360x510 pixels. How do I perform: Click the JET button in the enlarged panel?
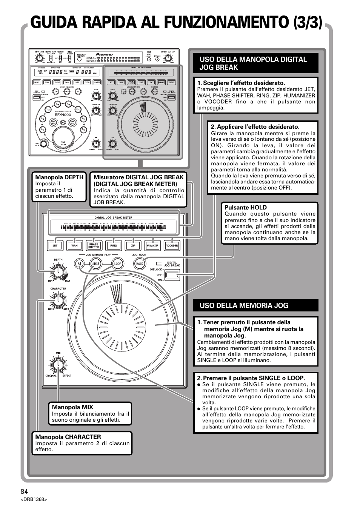(x=55, y=245)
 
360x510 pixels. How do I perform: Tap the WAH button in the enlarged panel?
(x=74, y=245)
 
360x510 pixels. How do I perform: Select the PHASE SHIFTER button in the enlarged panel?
(x=94, y=245)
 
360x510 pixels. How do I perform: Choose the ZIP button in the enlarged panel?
(x=133, y=245)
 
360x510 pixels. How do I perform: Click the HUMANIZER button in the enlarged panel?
(x=152, y=245)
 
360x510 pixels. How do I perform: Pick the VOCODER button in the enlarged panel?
(x=172, y=245)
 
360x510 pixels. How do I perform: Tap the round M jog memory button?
(x=79, y=264)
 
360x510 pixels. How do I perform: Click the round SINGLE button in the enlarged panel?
(x=96, y=264)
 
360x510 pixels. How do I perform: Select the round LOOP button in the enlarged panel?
(x=118, y=264)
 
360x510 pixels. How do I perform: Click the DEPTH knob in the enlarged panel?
(x=58, y=271)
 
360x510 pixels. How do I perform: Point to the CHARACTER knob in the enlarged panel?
(x=58, y=300)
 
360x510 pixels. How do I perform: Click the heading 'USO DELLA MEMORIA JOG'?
(x=244, y=305)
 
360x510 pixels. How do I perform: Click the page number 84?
(x=25, y=491)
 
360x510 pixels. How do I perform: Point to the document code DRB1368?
(x=34, y=499)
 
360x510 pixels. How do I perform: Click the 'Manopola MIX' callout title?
(x=72, y=407)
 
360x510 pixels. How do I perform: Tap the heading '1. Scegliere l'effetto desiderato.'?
(x=241, y=83)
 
